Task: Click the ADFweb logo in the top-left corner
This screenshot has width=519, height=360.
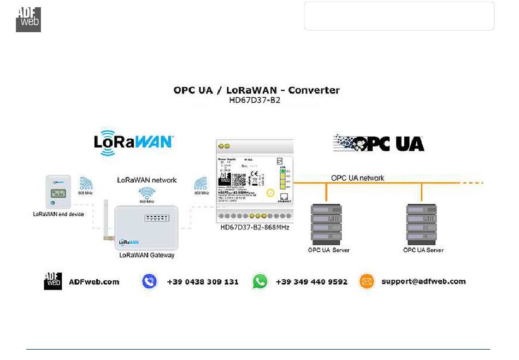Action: [28, 20]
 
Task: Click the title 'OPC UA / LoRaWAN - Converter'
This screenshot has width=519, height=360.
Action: [256, 90]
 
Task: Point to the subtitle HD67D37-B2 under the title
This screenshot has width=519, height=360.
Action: [256, 101]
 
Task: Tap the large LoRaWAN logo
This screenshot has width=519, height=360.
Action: [133, 141]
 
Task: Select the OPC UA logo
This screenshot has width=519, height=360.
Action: [379, 143]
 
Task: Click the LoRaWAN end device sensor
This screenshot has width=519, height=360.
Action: [58, 192]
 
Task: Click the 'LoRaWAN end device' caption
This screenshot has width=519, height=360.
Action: [58, 214]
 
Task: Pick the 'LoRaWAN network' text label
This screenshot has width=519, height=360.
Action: [148, 180]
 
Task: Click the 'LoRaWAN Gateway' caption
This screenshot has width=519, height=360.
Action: [147, 255]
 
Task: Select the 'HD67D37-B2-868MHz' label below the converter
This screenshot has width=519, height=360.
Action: [255, 227]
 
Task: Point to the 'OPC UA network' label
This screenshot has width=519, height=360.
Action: [357, 178]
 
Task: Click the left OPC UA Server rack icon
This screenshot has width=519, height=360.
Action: [326, 224]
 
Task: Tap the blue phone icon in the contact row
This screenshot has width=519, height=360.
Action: [149, 281]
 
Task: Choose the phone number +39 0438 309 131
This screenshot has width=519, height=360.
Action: [202, 282]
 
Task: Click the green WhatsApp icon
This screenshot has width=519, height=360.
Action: [260, 281]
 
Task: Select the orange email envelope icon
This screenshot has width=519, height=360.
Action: [367, 281]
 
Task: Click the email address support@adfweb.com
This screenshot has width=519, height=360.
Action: [423, 281]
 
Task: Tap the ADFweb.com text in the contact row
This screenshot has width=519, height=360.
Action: [94, 282]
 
